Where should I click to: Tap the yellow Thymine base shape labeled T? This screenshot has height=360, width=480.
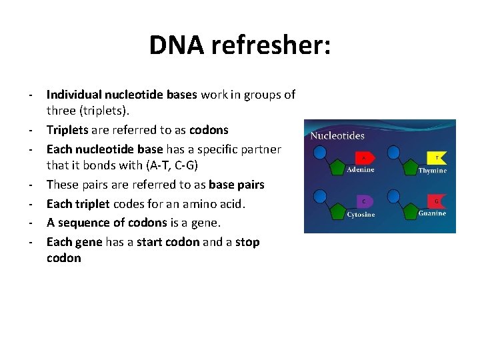coord(436,158)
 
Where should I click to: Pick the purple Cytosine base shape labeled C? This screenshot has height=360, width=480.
coord(364,201)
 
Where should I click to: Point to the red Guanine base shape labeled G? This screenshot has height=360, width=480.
coord(436,201)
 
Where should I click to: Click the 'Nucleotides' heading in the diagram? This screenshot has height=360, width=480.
coord(338,135)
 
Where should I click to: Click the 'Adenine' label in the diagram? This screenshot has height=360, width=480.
coord(361,170)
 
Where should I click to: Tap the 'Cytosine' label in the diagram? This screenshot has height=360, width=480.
coord(361,215)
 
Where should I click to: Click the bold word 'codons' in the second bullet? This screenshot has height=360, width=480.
coord(209,130)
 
